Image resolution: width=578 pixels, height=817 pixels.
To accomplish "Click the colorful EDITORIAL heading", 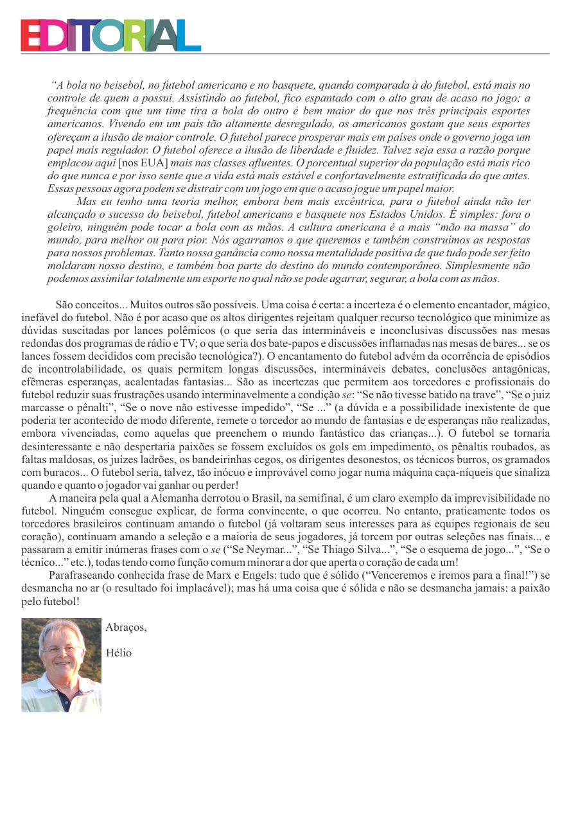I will (110, 35).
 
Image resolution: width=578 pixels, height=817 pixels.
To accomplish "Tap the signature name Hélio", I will (118, 653).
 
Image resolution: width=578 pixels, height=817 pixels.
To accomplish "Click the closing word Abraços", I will (126, 628).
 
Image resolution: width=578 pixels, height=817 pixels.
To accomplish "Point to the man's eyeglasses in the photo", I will (61, 649).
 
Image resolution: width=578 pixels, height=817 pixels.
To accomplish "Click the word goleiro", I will (66, 225).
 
